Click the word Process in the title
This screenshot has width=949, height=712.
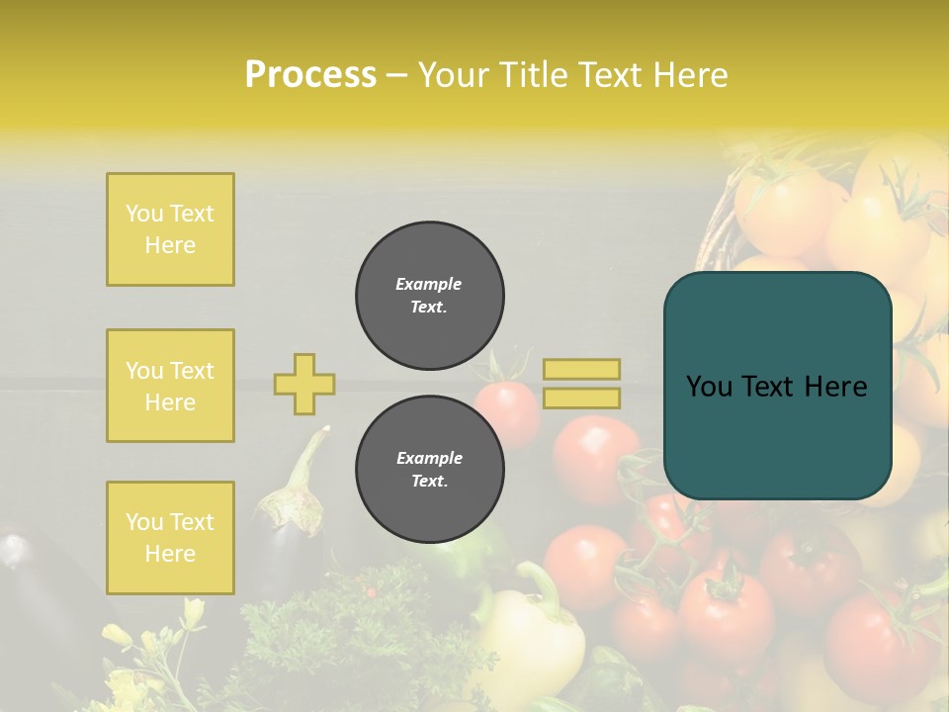pos(310,75)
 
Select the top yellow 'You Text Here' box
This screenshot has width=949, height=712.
pos(170,229)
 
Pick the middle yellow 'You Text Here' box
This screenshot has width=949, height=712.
pos(170,386)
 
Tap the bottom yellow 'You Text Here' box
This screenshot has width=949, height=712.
pos(170,538)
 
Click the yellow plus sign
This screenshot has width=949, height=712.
pos(304,384)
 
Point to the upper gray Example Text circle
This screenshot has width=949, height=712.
pos(429,296)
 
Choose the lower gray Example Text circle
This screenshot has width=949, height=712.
pos(429,470)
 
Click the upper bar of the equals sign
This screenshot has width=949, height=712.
pos(581,369)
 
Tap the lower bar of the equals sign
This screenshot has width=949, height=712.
pos(581,398)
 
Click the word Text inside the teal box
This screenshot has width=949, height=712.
pos(773,387)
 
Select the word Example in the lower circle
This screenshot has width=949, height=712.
pos(429,458)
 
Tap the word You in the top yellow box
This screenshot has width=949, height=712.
pos(143,214)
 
